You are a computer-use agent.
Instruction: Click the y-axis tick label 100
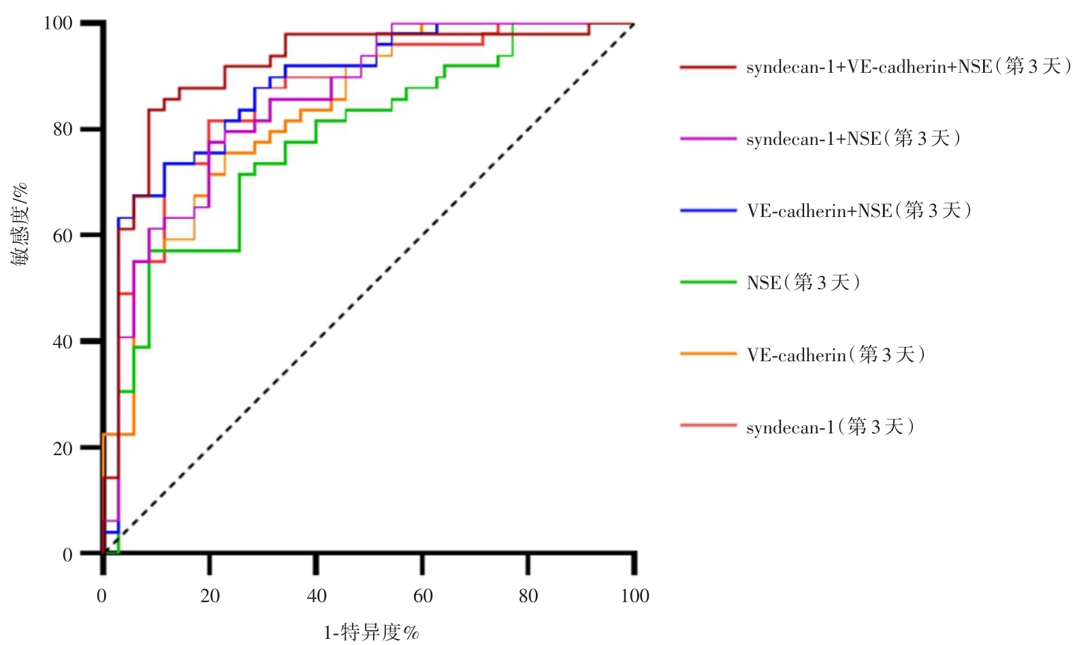point(58,23)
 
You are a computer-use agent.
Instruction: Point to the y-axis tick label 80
point(63,129)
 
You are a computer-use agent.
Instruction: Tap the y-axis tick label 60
point(63,235)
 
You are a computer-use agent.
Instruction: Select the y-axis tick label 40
point(63,342)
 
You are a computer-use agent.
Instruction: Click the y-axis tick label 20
point(63,448)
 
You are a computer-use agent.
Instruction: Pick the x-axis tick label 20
point(210,596)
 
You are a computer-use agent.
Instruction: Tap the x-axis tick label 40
point(317,596)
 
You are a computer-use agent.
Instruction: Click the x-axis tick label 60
point(423,596)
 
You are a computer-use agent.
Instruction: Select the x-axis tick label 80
point(528,596)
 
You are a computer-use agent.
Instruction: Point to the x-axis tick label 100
point(634,596)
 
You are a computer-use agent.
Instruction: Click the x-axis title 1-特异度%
point(371,633)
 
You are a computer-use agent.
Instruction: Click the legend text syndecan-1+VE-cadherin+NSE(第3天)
point(908,67)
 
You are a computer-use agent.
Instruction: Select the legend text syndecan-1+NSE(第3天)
point(853,139)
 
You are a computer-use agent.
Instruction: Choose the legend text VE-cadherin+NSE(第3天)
point(858,211)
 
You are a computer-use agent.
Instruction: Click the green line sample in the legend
point(708,282)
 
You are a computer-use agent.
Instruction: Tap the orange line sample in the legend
point(708,354)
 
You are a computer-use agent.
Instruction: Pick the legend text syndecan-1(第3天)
point(830,427)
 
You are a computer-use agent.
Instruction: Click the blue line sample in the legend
point(708,211)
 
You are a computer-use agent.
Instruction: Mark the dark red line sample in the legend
point(708,67)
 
